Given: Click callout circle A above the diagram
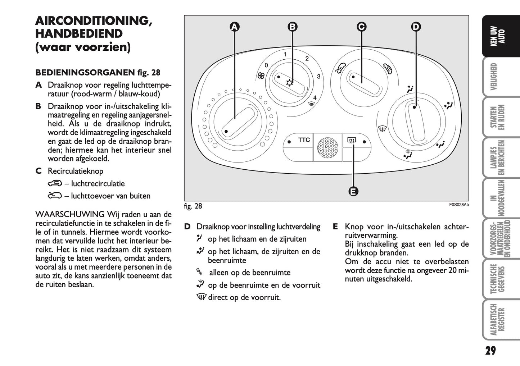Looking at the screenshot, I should (235, 27).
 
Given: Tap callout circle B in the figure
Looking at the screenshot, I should (293, 27).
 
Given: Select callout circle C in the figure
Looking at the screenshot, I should (361, 27).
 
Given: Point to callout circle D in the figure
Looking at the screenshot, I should (416, 27).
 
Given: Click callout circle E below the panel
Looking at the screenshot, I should (353, 191).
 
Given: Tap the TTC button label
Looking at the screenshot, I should (304, 140).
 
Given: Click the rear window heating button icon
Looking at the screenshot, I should (352, 141).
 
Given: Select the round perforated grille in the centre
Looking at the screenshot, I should (327, 147).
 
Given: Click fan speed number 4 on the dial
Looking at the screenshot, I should (315, 97).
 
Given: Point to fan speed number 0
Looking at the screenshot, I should (266, 65).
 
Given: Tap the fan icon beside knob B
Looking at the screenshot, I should (261, 76).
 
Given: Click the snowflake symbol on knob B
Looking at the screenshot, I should (289, 83).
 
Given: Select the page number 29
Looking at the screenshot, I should (490, 351).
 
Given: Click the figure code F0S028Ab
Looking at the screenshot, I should (458, 205).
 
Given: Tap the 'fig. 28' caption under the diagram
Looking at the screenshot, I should (193, 206).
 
